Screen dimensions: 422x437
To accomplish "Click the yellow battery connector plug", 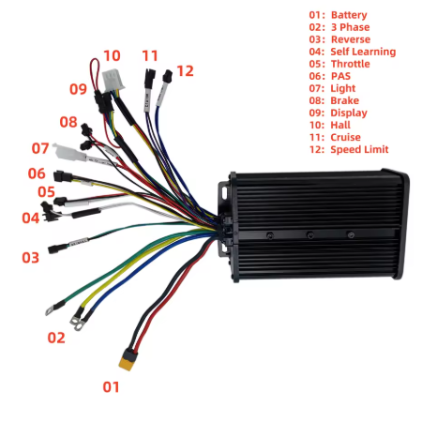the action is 128,359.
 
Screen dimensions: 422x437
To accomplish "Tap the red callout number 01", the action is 111,387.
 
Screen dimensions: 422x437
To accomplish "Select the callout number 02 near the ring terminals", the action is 56,338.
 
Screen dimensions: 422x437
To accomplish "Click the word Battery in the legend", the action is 349,15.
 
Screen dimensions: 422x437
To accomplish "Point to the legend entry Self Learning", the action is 363,52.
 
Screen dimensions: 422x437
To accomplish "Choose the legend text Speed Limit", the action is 359,149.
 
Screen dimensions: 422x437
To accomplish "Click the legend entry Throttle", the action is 351,64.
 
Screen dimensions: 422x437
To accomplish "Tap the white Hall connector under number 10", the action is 113,80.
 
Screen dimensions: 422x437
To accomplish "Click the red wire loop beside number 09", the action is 95,73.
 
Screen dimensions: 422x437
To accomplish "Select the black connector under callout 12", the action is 167,76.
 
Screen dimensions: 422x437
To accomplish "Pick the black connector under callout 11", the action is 150,78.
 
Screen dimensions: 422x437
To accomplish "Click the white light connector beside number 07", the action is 68,152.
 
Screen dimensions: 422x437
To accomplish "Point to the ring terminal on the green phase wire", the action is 50,310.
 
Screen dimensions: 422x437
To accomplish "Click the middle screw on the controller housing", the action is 309,234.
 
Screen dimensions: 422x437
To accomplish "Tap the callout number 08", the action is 68,122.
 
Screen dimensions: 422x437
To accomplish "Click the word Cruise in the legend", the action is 345,137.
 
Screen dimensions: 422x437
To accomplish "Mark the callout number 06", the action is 37,173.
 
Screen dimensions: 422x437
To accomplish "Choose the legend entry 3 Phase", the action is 350,27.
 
